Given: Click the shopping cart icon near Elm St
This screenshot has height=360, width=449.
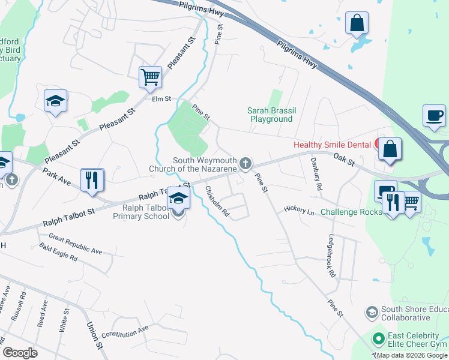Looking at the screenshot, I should (150, 77).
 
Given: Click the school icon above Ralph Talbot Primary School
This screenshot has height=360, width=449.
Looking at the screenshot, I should (178, 197).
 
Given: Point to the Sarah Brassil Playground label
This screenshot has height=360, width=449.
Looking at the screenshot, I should (270, 115).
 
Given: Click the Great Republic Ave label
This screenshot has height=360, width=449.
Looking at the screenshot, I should (76, 244).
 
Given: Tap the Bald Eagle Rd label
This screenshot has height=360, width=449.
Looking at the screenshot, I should (58, 252).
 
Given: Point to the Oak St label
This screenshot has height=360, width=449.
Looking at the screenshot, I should (345, 159).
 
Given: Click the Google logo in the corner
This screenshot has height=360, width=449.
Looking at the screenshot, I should (20, 352).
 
